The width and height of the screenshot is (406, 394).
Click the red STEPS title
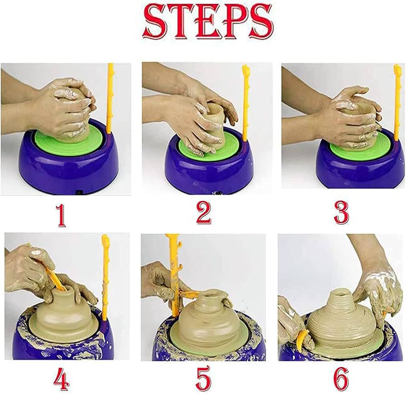tap(207, 22)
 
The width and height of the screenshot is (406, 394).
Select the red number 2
tap(203, 214)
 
